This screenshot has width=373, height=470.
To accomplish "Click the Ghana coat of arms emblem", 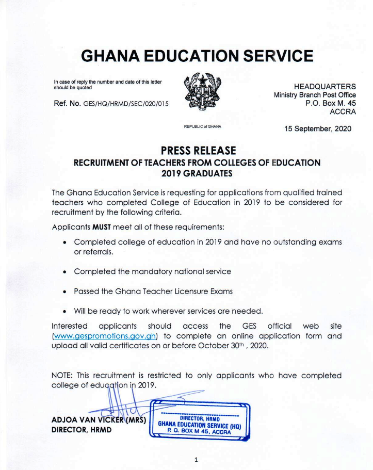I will (202, 92).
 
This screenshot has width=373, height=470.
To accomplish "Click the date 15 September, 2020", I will (317, 129).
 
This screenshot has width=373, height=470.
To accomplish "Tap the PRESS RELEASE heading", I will (198, 150).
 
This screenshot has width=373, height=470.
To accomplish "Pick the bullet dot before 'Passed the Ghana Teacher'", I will (64, 292).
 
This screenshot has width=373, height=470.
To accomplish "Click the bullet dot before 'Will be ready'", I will (64, 312).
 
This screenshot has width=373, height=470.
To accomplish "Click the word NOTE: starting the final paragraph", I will (63, 375).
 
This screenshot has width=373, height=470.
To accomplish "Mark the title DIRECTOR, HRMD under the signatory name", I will (82, 430).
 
